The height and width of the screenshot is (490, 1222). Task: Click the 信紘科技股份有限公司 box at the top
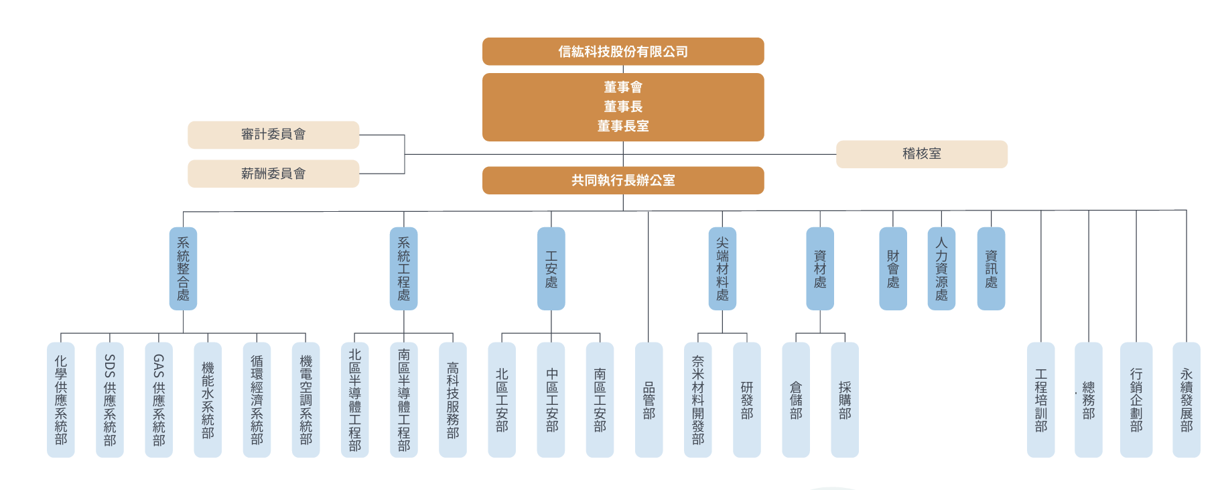pyautogui.click(x=623, y=52)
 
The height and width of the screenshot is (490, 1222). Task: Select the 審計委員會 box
pyautogui.click(x=273, y=135)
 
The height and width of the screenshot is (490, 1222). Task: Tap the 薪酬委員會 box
pyautogui.click(x=273, y=174)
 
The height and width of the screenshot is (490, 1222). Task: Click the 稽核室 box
pyautogui.click(x=921, y=154)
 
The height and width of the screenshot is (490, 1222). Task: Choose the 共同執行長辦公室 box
pyautogui.click(x=623, y=180)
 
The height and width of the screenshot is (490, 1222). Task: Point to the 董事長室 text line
pyautogui.click(x=623, y=126)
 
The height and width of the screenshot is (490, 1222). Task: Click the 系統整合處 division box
pyautogui.click(x=183, y=268)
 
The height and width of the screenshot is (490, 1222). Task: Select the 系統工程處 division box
pyautogui.click(x=403, y=268)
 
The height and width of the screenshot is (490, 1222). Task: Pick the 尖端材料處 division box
pyautogui.click(x=722, y=268)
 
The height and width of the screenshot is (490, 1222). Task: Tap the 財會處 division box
pyautogui.click(x=893, y=268)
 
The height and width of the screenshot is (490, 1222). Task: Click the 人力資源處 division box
pyautogui.click(x=941, y=268)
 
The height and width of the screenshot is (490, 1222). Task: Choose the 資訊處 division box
pyautogui.click(x=991, y=268)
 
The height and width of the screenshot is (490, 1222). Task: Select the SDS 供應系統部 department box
pyautogui.click(x=110, y=400)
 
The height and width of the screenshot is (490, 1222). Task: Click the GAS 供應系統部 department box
pyautogui.click(x=159, y=400)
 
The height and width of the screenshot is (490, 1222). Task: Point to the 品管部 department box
pyautogui.click(x=649, y=400)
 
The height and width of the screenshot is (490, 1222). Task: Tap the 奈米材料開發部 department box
pyautogui.click(x=698, y=400)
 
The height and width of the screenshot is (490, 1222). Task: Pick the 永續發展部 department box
pyautogui.click(x=1186, y=400)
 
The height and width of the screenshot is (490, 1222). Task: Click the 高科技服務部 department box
pyautogui.click(x=453, y=400)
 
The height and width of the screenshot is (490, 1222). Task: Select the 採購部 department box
pyautogui.click(x=845, y=400)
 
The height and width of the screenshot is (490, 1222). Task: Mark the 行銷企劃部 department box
pyautogui.click(x=1136, y=400)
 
